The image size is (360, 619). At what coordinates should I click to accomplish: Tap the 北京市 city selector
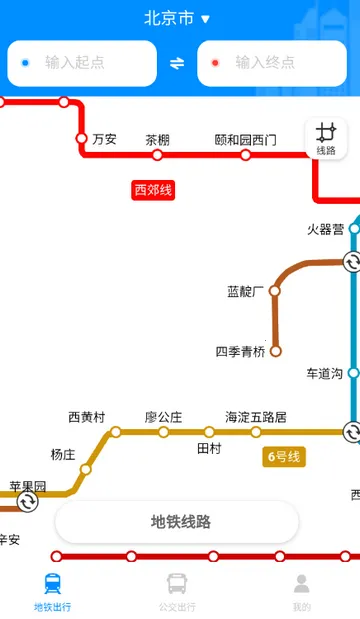pyautogui.click(x=177, y=18)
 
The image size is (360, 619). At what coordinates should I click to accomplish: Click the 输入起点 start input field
pyautogui.click(x=82, y=63)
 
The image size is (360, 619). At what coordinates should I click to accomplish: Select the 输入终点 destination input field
pyautogui.click(x=272, y=63)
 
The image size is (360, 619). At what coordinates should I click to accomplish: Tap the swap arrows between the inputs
pyautogui.click(x=177, y=63)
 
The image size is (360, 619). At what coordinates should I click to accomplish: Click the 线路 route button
pyautogui.click(x=326, y=138)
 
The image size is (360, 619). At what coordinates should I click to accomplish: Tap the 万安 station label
pyautogui.click(x=104, y=139)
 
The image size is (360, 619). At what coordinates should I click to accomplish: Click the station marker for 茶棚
pyautogui.click(x=157, y=155)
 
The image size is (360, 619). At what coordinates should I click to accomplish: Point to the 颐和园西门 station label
pyautogui.click(x=245, y=140)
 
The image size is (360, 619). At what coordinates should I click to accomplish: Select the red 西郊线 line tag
pyautogui.click(x=153, y=189)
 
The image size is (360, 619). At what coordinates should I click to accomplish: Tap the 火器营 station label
pyautogui.click(x=325, y=229)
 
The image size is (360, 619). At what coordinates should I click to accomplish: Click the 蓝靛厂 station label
pyautogui.click(x=244, y=292)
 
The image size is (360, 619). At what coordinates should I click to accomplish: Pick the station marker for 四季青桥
pyautogui.click(x=276, y=351)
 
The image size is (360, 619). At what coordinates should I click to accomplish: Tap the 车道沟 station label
pyautogui.click(x=325, y=373)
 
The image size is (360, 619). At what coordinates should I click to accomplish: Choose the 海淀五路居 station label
pyautogui.click(x=255, y=417)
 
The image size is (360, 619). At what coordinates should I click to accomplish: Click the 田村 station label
pyautogui.click(x=208, y=447)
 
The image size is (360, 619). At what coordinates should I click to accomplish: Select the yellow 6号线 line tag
pyautogui.click(x=283, y=457)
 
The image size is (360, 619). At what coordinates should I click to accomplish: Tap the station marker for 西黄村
pyautogui.click(x=115, y=432)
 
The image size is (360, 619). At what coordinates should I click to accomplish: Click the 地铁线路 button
pyautogui.click(x=177, y=522)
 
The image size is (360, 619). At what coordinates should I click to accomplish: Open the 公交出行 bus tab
pyautogui.click(x=177, y=592)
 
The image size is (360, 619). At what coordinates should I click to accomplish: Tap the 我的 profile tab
pyautogui.click(x=301, y=592)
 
